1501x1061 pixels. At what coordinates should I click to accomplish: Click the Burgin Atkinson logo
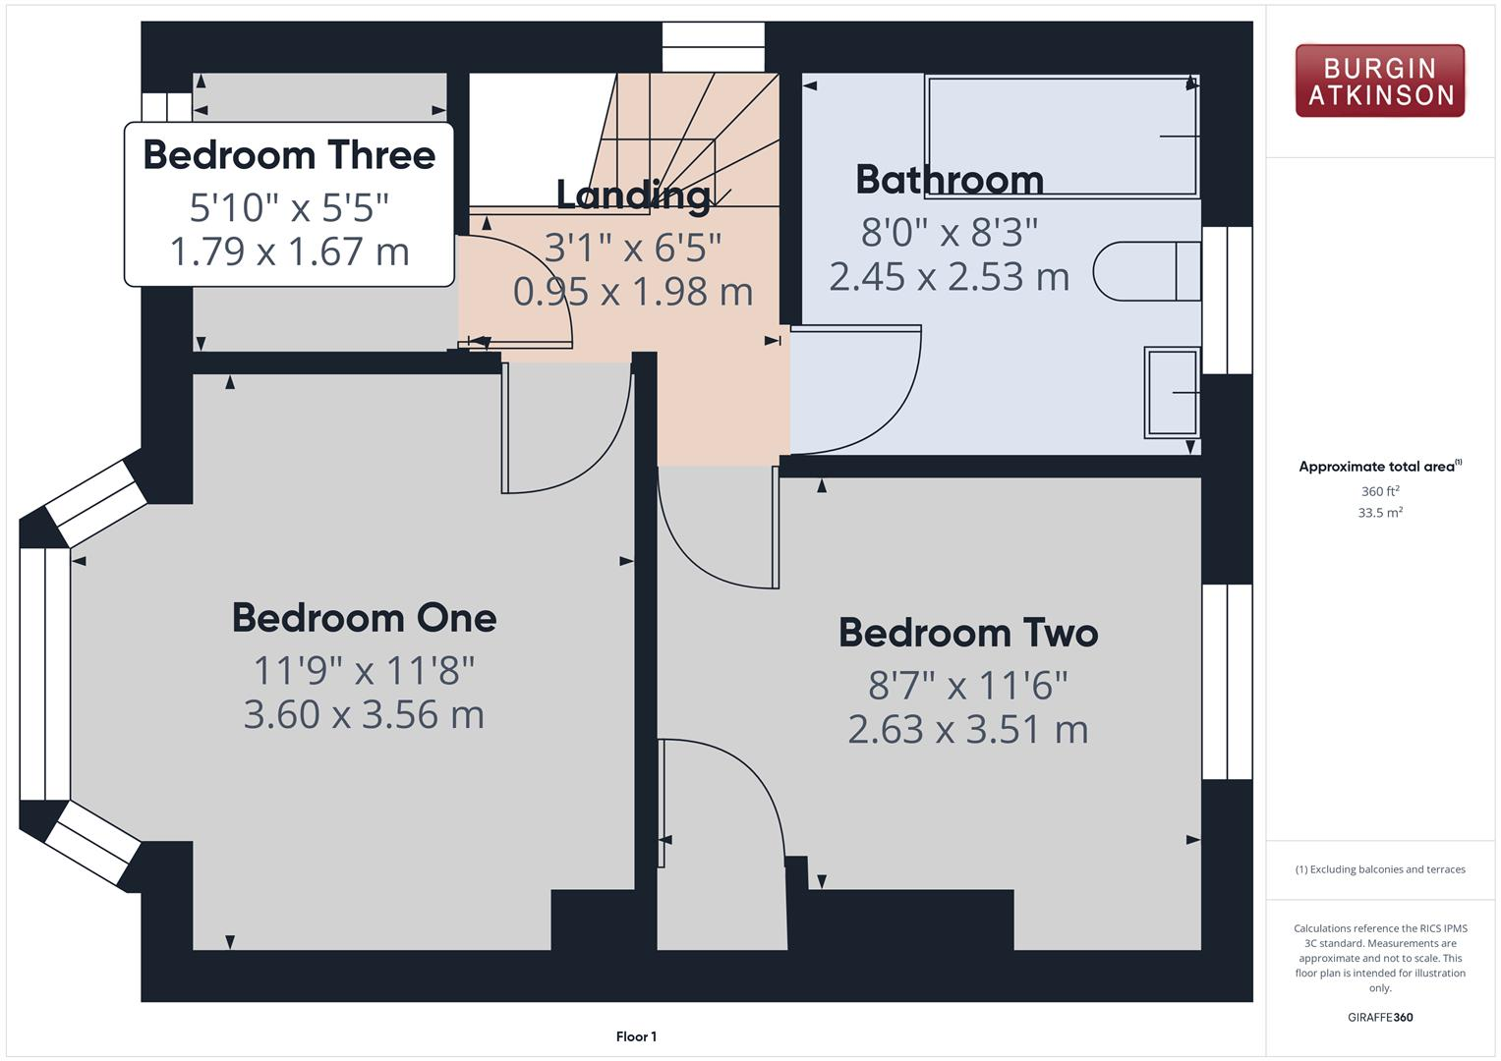click(1379, 82)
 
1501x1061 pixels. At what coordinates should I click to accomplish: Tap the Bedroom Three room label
click(289, 155)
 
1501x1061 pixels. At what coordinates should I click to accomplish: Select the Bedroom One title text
click(364, 618)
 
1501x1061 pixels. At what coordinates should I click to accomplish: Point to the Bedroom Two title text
click(967, 633)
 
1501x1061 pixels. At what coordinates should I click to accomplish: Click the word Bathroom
click(949, 180)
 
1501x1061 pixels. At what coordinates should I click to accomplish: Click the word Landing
click(633, 195)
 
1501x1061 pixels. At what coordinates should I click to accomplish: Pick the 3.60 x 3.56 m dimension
click(364, 714)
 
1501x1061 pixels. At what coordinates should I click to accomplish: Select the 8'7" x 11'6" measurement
click(967, 685)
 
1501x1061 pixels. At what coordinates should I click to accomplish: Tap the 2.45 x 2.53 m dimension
click(949, 276)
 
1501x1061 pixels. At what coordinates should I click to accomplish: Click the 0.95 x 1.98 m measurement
click(633, 292)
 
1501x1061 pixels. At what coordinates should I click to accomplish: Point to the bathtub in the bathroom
click(1062, 137)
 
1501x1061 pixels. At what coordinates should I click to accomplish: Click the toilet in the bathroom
click(1146, 271)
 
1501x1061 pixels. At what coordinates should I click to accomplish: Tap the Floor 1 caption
click(636, 1036)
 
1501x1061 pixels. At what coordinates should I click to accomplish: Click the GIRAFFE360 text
click(1379, 1017)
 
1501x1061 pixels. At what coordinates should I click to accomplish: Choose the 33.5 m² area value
click(1379, 513)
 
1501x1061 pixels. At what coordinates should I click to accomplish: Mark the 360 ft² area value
click(1379, 491)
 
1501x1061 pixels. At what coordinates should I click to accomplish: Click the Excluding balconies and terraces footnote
click(1379, 869)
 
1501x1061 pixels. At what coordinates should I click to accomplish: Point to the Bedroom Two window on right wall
click(1227, 682)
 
